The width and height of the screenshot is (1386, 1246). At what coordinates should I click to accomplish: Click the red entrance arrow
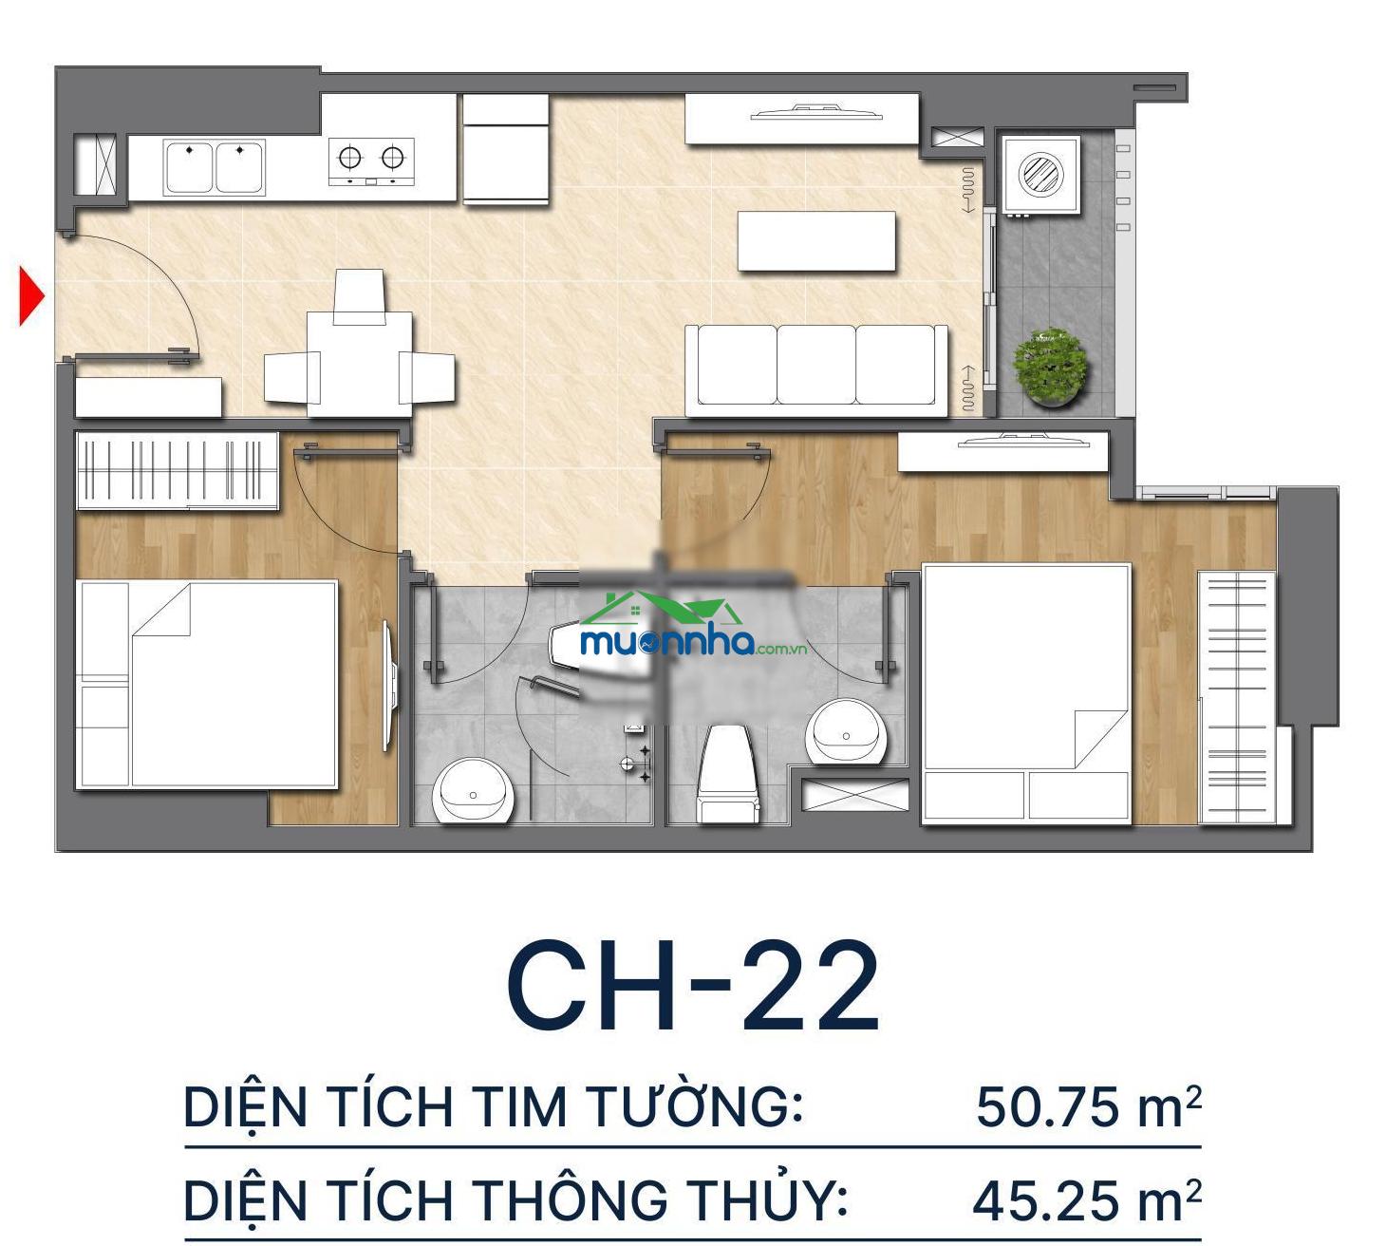click(30, 296)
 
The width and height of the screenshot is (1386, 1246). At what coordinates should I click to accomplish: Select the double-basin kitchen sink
click(214, 167)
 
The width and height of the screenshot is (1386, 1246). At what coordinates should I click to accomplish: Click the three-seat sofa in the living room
click(816, 370)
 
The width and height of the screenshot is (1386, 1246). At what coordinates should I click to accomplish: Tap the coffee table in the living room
click(816, 240)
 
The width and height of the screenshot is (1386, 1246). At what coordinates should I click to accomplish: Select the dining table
click(359, 364)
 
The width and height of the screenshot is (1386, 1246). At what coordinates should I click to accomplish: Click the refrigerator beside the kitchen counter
click(506, 149)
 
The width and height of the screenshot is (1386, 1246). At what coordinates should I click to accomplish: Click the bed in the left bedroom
click(207, 685)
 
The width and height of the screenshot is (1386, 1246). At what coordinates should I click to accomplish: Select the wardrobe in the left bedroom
click(178, 470)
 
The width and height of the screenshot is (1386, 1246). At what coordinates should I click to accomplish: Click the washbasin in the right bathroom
click(846, 731)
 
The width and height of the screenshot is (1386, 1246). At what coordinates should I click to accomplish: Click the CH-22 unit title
click(693, 987)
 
